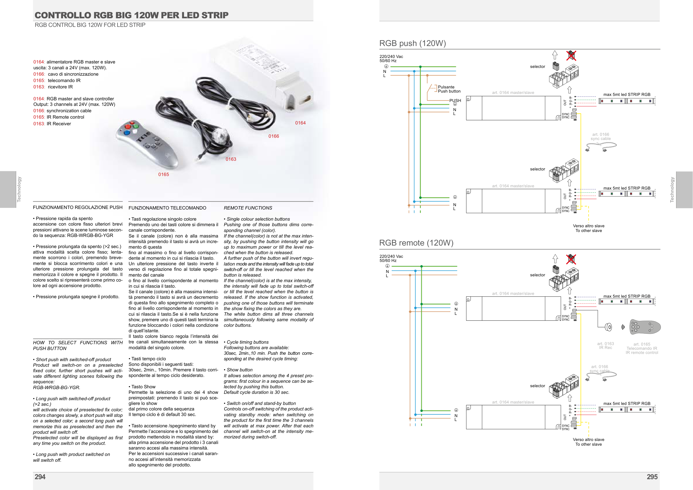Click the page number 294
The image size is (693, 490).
pyautogui.click(x=40, y=477)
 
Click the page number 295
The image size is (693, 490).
pyautogui.click(x=652, y=477)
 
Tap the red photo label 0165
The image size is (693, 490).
pyautogui.click(x=164, y=174)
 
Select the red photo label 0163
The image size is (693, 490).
pyautogui.click(x=231, y=159)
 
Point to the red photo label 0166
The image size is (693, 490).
pyautogui.click(x=274, y=136)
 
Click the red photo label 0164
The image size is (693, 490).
pyautogui.click(x=300, y=123)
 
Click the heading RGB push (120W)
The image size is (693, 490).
pyautogui.click(x=412, y=44)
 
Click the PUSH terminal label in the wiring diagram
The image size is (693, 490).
pyautogui.click(x=455, y=101)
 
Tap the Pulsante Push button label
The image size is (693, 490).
pyautogui.click(x=449, y=89)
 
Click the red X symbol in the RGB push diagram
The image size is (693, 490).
pyautogui.click(x=571, y=55)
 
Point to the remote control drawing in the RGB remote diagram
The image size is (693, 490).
pyautogui.click(x=645, y=327)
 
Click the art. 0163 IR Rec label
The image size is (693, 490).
pyautogui.click(x=605, y=346)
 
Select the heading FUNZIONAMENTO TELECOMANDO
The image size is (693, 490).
pyautogui.click(x=167, y=208)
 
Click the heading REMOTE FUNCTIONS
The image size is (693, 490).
pyautogui.click(x=248, y=208)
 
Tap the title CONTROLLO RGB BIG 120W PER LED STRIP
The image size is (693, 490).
pyautogui.click(x=132, y=15)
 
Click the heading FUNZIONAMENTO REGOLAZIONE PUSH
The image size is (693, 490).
pyautogui.click(x=78, y=207)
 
